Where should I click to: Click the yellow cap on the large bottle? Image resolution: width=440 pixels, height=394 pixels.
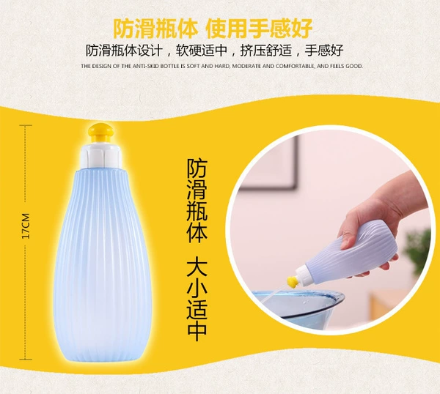click(100, 133)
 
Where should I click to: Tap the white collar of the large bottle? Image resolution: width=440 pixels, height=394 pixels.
click(100, 156)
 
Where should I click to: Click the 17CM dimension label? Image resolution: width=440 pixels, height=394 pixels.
click(26, 226)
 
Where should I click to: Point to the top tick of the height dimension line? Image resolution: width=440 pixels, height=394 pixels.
click(26, 125)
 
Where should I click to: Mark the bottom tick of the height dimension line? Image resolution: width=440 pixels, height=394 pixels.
click(26, 360)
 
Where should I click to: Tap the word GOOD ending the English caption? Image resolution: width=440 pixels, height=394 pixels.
click(356, 67)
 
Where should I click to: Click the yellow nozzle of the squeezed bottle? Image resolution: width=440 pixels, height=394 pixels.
click(293, 281)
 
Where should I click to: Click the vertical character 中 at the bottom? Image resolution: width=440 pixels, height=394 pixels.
click(197, 330)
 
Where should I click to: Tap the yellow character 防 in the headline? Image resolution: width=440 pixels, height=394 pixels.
click(123, 29)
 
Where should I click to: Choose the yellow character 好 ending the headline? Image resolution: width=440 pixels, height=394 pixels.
click(302, 29)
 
